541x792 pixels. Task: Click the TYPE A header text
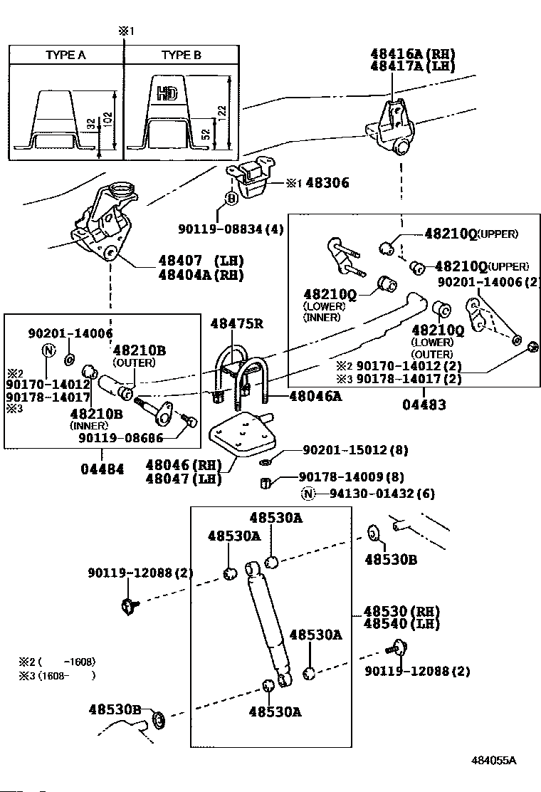(x=65, y=54)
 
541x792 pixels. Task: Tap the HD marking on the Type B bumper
(x=167, y=93)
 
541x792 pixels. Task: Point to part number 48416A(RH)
(x=412, y=53)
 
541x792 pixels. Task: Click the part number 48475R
(x=236, y=324)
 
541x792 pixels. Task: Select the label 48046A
(x=315, y=397)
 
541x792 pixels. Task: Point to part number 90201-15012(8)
(x=354, y=450)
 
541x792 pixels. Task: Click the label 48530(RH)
(x=401, y=611)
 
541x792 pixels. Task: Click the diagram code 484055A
(x=493, y=759)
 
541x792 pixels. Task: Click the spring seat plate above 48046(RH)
(x=241, y=437)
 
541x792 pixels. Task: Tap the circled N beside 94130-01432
(x=308, y=494)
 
